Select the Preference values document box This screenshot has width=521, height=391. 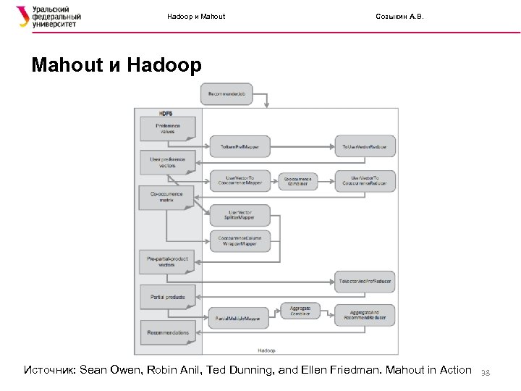coord(167,128)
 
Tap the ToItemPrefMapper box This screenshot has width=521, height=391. coord(240,147)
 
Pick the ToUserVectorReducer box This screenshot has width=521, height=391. coord(364,147)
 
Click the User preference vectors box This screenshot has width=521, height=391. coord(167,161)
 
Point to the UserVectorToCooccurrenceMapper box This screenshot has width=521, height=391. coord(240,180)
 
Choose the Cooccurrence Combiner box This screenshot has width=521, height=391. coord(297,180)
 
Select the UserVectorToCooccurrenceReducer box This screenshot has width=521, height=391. coord(364,180)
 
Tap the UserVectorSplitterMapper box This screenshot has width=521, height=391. coord(240,215)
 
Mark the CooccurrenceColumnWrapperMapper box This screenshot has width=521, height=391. coord(240,240)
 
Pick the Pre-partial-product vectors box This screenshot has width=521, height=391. coord(167,261)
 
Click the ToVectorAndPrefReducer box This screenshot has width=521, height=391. coord(364,280)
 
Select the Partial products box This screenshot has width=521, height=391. coord(167,296)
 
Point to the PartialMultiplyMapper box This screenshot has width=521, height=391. coord(240,317)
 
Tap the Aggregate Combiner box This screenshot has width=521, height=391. coord(300,311)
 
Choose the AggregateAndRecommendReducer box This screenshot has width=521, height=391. coord(364,315)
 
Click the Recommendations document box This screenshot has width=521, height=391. coord(167,332)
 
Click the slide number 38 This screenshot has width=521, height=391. coord(486,372)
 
